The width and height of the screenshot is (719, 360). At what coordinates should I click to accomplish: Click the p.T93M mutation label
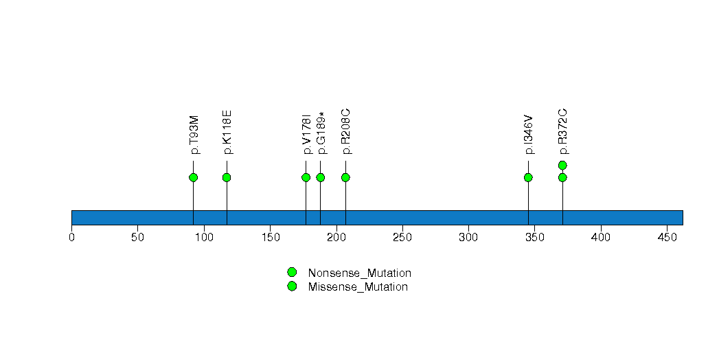[194, 135]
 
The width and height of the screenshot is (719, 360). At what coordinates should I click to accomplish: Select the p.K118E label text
[227, 133]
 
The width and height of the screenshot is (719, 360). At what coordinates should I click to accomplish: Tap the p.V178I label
[307, 135]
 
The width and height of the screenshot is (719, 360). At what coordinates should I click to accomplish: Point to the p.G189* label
[322, 133]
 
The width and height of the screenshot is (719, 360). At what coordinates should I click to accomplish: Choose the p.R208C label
[347, 132]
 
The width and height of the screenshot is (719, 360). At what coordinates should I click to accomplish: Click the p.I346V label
[529, 135]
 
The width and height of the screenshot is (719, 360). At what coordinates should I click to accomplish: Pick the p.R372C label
[564, 132]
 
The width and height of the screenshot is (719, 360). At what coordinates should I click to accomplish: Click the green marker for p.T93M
[193, 177]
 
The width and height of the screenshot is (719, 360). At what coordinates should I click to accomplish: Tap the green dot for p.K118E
[227, 177]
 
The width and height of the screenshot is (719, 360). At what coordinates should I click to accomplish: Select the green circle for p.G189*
[321, 177]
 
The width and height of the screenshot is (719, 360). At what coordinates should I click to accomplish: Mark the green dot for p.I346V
[528, 177]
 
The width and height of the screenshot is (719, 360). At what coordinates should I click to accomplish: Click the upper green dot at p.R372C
[562, 165]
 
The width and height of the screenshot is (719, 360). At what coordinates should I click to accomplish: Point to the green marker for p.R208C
[345, 177]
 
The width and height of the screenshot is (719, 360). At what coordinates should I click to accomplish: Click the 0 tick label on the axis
[71, 237]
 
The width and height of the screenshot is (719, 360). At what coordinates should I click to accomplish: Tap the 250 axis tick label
[402, 237]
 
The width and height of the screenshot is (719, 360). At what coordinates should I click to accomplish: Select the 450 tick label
[667, 237]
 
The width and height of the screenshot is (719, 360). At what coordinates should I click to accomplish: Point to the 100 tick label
[204, 237]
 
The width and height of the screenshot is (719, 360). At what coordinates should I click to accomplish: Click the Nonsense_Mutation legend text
[360, 273]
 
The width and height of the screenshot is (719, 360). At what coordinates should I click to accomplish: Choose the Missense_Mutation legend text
[358, 286]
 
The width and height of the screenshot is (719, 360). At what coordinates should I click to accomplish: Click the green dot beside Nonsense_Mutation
[292, 273]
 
